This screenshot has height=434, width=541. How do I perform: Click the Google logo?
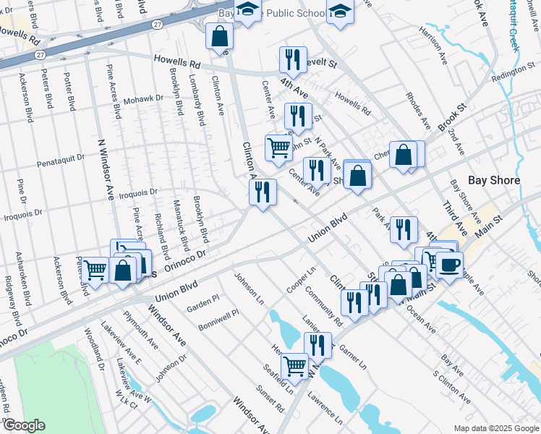pyautogui.click(x=24, y=425)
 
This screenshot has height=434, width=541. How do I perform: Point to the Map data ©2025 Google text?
pyautogui.click(x=495, y=428)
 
